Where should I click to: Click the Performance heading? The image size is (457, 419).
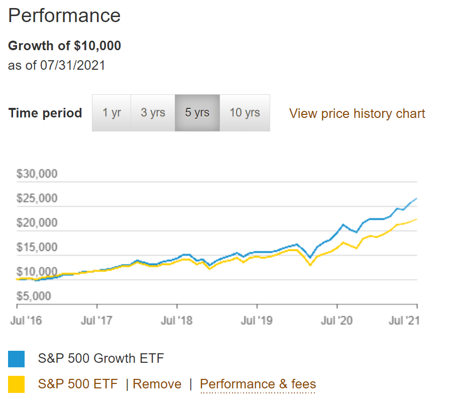point(64,16)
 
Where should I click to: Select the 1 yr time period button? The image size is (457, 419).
point(111,113)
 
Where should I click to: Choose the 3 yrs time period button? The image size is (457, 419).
point(153,113)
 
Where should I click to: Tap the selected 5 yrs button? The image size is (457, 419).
point(197,113)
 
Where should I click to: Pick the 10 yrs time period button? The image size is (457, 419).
point(245,113)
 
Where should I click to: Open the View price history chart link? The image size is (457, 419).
point(357,114)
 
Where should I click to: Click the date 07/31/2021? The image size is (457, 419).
point(73,65)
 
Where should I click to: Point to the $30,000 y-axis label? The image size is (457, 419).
point(37,174)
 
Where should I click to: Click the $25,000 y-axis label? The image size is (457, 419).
point(37,199)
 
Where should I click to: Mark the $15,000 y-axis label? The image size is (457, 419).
point(37,247)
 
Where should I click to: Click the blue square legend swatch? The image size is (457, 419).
point(17,359)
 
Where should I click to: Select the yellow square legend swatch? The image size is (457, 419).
point(17,384)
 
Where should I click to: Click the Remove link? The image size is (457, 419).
point(157,384)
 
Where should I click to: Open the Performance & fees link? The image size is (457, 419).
point(258,384)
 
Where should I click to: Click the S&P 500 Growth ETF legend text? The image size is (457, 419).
point(101,359)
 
